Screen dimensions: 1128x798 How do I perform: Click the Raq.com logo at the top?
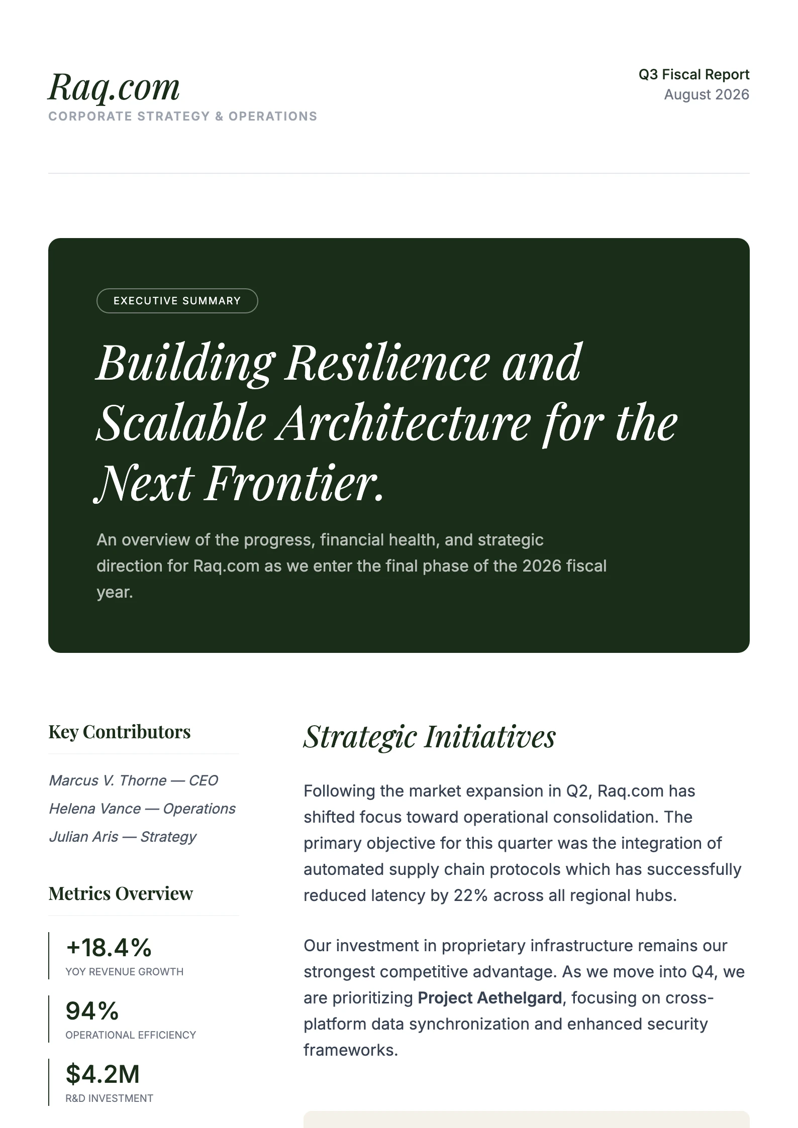[114, 87]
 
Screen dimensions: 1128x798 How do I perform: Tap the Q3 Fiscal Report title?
[693, 75]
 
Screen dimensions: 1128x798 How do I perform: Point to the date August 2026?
[706, 95]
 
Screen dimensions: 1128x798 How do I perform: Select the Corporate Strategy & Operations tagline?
[182, 117]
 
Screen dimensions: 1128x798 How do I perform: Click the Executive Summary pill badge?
[177, 301]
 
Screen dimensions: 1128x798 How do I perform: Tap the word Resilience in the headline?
[387, 363]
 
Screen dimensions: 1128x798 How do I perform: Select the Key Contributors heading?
[120, 732]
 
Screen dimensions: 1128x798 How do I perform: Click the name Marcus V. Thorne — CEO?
[133, 780]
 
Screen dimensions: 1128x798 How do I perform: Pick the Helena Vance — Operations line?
[142, 809]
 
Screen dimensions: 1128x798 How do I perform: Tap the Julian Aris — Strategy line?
[123, 837]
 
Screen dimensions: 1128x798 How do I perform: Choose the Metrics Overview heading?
[121, 894]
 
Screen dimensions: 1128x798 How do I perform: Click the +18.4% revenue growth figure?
[109, 948]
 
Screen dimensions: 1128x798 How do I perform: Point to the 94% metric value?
[92, 1011]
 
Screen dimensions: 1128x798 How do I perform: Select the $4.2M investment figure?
[103, 1074]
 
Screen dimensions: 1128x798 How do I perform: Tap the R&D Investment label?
[109, 1098]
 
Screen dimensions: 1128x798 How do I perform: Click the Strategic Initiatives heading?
[430, 737]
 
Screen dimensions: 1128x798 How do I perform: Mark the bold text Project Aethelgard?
[489, 998]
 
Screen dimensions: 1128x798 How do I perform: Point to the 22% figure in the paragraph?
[470, 895]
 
